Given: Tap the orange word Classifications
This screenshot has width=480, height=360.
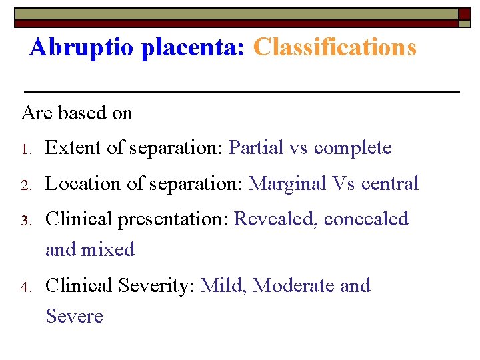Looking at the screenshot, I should [335, 47].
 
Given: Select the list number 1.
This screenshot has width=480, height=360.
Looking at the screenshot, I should [26, 149].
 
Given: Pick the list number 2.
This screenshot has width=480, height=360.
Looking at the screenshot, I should [26, 185].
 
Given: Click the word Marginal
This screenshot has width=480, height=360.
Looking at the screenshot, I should [289, 184].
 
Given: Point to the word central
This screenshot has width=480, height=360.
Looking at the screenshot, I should [391, 184].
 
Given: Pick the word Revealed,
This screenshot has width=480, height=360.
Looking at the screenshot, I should [275, 219].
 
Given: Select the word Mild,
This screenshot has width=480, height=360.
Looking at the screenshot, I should [223, 286].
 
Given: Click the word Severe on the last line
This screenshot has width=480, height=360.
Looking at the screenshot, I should [74, 316].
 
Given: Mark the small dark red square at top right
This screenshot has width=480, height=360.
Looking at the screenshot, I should [465, 13].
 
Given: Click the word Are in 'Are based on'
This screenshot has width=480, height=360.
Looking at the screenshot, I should [37, 113].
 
